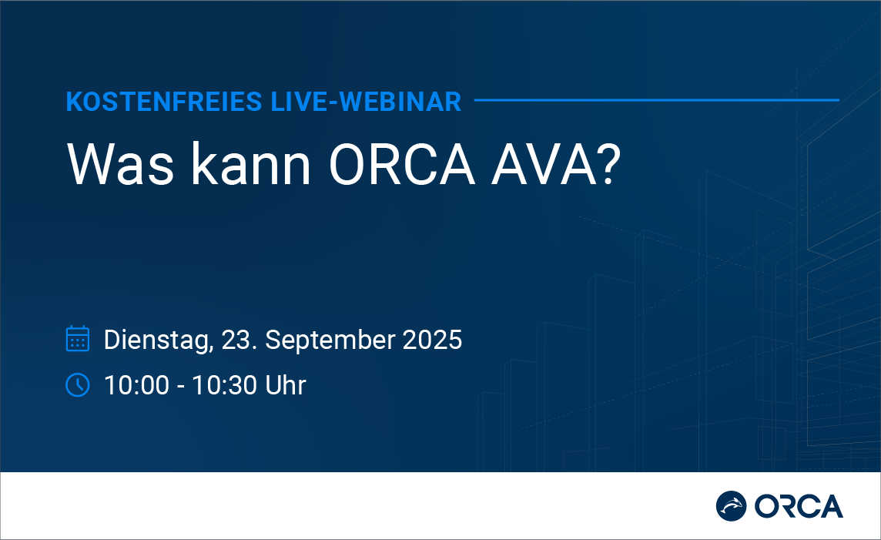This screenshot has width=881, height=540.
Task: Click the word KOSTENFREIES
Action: tap(164, 102)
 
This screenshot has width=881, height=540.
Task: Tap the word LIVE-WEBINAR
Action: tap(366, 102)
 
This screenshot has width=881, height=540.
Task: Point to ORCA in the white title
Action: tap(402, 164)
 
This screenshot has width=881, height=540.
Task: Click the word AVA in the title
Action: tap(543, 164)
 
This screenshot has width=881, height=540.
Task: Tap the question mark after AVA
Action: tap(609, 164)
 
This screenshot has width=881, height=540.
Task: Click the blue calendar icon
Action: tap(78, 338)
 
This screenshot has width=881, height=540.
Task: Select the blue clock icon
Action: tap(78, 385)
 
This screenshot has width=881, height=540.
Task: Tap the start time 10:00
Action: tap(137, 385)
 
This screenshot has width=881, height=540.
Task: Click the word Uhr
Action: tap(286, 385)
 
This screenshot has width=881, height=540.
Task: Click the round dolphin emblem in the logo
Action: tap(731, 506)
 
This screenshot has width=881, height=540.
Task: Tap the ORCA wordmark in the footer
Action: tap(799, 506)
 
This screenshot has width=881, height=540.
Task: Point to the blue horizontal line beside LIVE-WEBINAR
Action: tap(657, 100)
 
